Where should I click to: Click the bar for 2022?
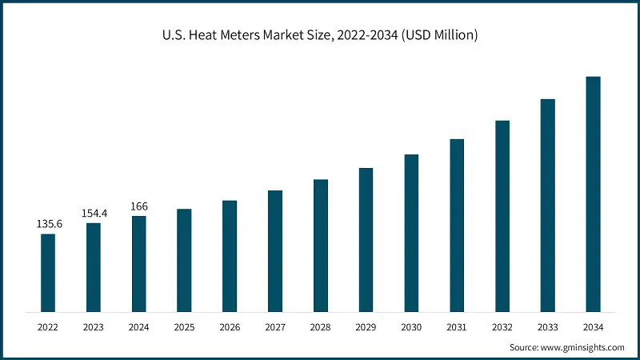pos(48,272)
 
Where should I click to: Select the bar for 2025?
pos(184,260)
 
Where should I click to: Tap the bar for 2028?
pos(321,245)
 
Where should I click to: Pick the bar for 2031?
pos(457,225)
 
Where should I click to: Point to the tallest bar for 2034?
pos(593,194)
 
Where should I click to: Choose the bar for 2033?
pos(547,205)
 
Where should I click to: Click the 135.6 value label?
pos(49,224)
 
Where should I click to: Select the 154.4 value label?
pos(94,214)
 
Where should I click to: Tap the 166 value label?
pos(138,206)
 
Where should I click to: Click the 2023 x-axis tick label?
pos(94,327)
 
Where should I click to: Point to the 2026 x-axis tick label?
pos(230,327)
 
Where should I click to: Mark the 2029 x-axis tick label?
pos(366,327)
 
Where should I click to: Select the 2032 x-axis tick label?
pos(502,327)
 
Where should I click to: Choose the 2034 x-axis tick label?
pos(593,327)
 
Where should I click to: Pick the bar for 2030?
pos(411,233)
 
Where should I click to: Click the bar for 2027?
pos(275,250)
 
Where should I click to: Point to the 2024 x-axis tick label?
pos(139,327)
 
